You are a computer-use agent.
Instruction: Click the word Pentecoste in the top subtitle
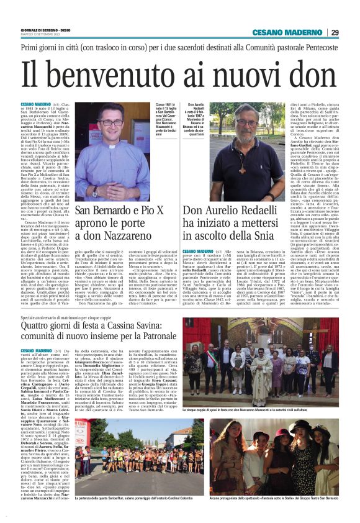coord(318,47)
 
